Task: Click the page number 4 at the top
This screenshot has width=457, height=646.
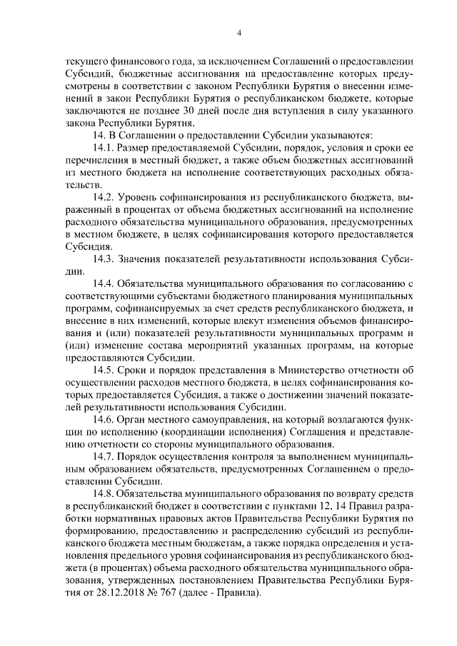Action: pyautogui.click(x=239, y=33)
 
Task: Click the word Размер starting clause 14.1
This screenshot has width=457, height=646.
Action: pyautogui.click(x=135, y=146)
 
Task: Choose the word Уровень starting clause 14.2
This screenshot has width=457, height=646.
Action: pyautogui.click(x=139, y=196)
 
